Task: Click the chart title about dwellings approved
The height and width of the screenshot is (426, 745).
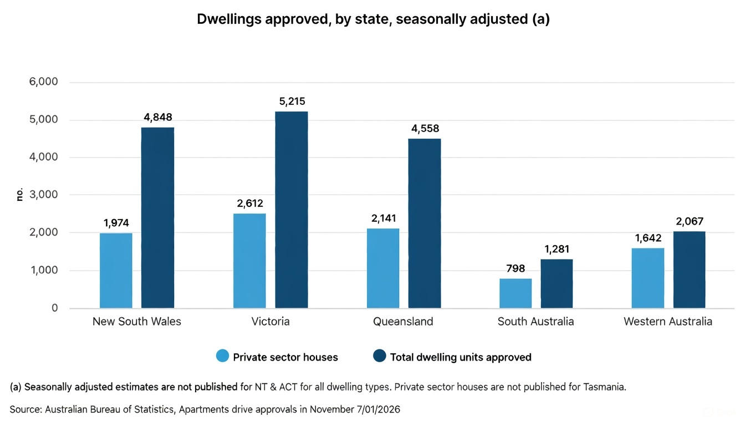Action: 373,19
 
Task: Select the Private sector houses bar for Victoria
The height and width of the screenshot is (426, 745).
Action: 249,261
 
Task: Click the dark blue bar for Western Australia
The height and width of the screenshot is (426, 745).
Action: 689,270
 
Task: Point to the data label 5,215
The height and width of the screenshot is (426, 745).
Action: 292,102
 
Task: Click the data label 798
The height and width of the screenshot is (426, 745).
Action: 516,268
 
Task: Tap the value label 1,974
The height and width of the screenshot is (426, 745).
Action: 116,223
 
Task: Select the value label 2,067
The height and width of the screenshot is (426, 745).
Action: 690,221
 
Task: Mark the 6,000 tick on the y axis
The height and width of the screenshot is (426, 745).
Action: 43,82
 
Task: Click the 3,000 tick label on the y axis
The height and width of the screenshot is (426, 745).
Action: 43,195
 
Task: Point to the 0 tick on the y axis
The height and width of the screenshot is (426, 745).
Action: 54,308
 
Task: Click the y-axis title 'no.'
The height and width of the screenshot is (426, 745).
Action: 20,195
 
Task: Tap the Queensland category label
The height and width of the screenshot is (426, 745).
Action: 403,322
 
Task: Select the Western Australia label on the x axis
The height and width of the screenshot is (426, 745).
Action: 667,322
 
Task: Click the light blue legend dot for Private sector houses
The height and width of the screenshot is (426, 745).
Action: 222,357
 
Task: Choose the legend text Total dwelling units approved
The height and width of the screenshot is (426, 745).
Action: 460,357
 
